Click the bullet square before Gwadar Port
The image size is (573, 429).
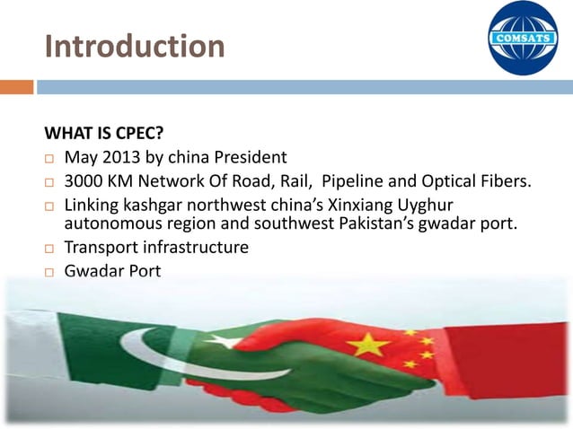click(x=50, y=271)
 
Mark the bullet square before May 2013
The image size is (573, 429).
click(x=50, y=159)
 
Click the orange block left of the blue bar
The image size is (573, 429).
click(x=16, y=87)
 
